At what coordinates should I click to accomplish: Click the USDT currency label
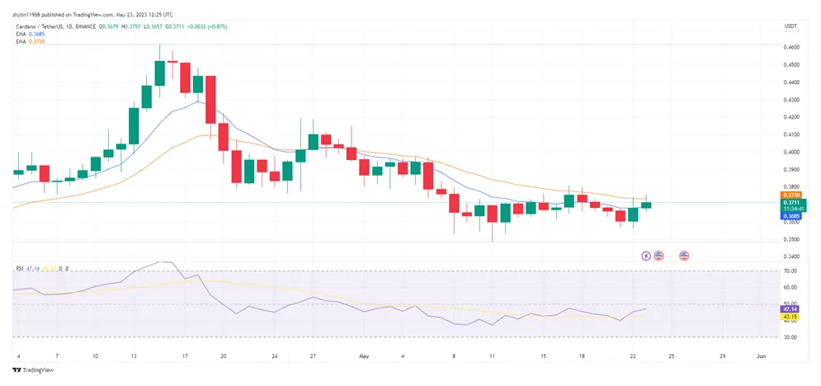pyautogui.click(x=790, y=27)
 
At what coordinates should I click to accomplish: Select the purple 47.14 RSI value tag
pyautogui.click(x=790, y=308)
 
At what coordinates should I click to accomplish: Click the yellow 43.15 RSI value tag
pyautogui.click(x=790, y=317)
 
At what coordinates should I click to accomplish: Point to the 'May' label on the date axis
pyautogui.click(x=363, y=356)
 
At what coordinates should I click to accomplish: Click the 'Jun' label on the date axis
pyautogui.click(x=761, y=356)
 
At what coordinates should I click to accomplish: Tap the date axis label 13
pyautogui.click(x=134, y=356)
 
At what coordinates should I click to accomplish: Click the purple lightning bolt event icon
pyautogui.click(x=646, y=256)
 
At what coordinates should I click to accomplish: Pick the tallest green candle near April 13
pyautogui.click(x=134, y=125)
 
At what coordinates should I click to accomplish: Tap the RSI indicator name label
pyautogui.click(x=20, y=268)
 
